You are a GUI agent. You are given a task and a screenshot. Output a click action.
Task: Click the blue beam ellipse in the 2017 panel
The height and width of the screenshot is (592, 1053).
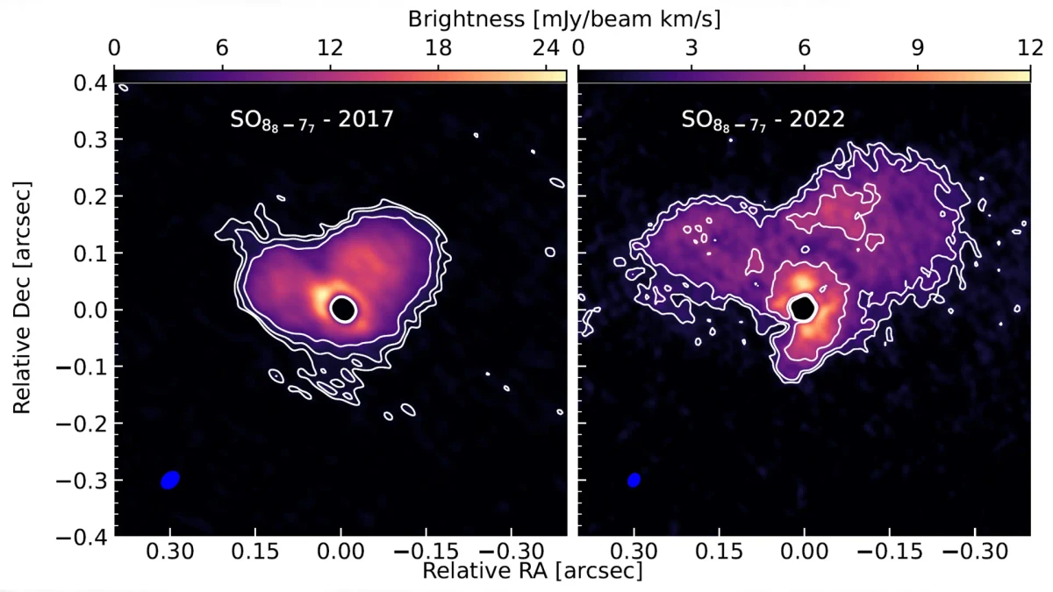(x=171, y=480)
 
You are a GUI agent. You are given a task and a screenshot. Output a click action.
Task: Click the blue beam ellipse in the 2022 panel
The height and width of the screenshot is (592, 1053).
(x=634, y=480)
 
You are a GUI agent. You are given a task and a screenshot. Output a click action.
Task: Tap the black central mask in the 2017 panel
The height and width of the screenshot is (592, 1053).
(x=343, y=309)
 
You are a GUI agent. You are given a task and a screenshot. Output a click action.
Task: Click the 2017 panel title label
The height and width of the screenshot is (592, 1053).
(x=306, y=120)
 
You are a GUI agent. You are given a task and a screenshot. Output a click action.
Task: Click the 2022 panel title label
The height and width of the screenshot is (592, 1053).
(x=763, y=120)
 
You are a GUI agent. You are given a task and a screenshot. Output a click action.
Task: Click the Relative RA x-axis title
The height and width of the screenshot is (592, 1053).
(x=532, y=570)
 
